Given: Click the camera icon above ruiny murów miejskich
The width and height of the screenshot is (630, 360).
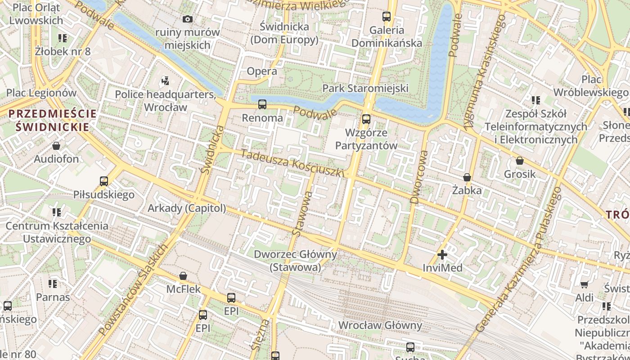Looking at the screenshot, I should tap(188, 19).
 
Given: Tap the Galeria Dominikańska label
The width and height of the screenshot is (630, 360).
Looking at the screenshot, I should tap(387, 37).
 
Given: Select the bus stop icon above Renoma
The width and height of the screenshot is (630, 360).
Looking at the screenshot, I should tap(262, 104).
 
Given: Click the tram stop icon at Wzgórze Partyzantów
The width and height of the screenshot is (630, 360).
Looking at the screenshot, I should tap(366, 119).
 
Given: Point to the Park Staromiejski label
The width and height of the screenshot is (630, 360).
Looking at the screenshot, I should tap(365, 88).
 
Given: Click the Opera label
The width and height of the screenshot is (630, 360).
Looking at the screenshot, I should tap(262, 71).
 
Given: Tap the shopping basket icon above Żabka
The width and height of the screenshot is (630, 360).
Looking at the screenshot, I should tap(467, 177).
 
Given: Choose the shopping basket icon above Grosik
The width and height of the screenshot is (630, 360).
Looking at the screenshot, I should tap(520, 161).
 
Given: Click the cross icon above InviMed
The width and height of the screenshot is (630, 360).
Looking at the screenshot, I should tap(442, 255).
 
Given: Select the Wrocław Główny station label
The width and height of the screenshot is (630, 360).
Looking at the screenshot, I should tap(380, 325).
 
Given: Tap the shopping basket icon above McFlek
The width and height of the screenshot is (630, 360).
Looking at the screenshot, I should tap(183, 276).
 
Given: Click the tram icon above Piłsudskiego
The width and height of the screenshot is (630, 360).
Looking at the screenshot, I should tap(104, 181).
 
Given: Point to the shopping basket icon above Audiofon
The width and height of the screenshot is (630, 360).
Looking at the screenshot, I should tap(56, 146).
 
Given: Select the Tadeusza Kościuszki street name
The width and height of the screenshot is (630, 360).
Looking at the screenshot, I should tap(293, 163).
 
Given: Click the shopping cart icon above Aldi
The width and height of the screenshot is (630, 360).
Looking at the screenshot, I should tap(584, 284).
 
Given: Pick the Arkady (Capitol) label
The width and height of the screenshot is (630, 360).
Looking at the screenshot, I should tap(187, 208).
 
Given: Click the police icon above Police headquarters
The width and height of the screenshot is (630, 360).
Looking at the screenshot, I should tap(165, 81).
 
